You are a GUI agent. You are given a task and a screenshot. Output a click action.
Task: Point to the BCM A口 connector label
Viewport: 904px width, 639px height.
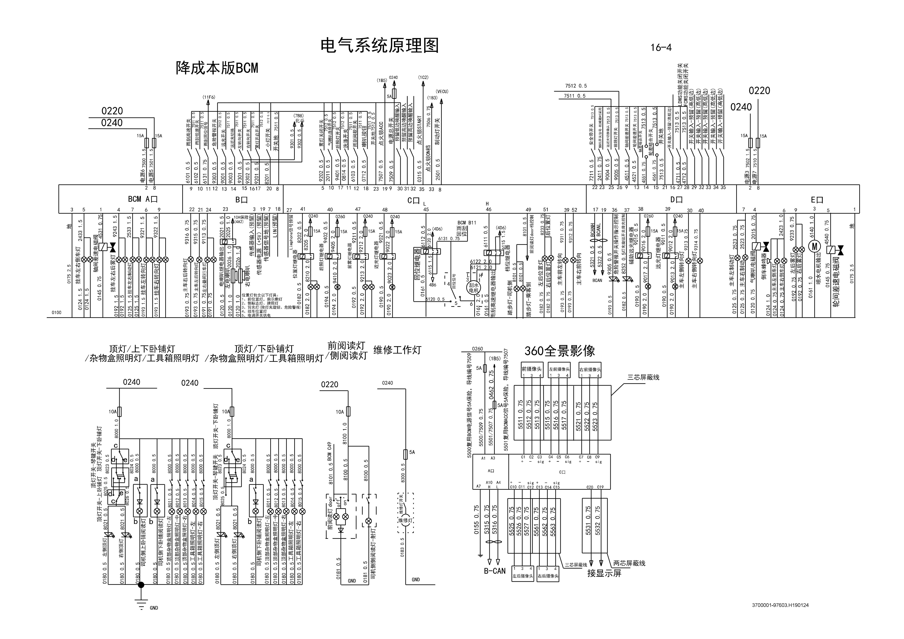point(143,199)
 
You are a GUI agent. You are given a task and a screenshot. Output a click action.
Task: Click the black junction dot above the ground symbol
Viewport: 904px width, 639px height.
point(141,585)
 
